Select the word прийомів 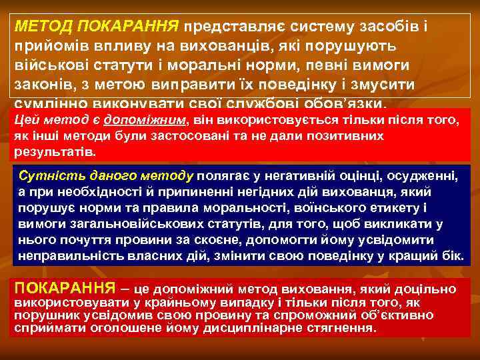point(47,47)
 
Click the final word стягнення point(343,329)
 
